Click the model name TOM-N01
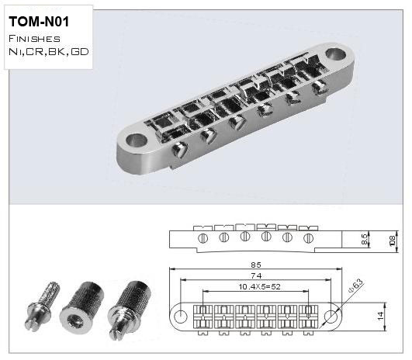(39, 22)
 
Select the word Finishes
(34, 39)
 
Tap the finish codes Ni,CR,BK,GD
(49, 51)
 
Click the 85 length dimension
(256, 265)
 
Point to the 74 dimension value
(256, 275)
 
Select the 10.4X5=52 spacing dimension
(259, 286)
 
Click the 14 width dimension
(380, 316)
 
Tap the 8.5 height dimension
(365, 240)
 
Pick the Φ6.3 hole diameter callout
(356, 286)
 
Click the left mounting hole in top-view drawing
(181, 315)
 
